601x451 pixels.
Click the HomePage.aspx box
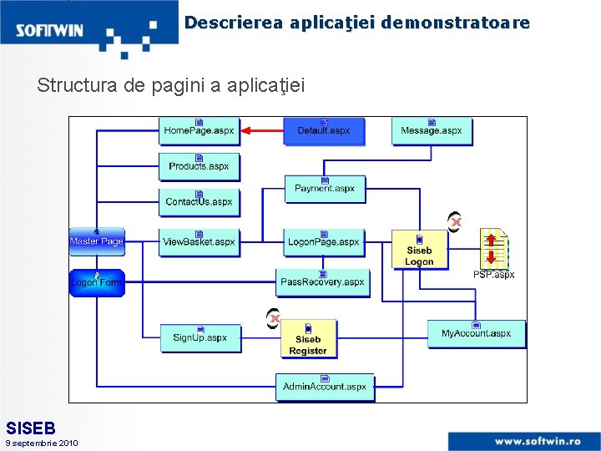[x=199, y=130]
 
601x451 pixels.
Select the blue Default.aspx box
[x=324, y=130]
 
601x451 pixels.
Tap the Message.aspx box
[x=432, y=130]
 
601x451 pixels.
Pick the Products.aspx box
[x=199, y=165]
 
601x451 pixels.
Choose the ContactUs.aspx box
[x=199, y=201]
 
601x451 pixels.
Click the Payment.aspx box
[x=325, y=188]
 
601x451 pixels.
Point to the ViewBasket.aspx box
[x=199, y=241]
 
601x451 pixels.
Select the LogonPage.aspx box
[x=324, y=241]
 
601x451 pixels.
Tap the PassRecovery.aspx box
[x=323, y=281]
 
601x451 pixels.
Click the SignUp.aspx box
[x=200, y=337]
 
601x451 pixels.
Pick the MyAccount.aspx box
[x=476, y=333]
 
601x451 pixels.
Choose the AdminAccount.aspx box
[x=325, y=386]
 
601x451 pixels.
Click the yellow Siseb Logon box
[x=419, y=250]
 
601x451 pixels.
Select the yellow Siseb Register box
[x=308, y=339]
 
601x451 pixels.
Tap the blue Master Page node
[x=97, y=241]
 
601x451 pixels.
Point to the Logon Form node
[x=97, y=282]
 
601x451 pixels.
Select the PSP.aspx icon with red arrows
[x=493, y=248]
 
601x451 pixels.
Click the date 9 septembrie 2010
[x=42, y=443]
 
